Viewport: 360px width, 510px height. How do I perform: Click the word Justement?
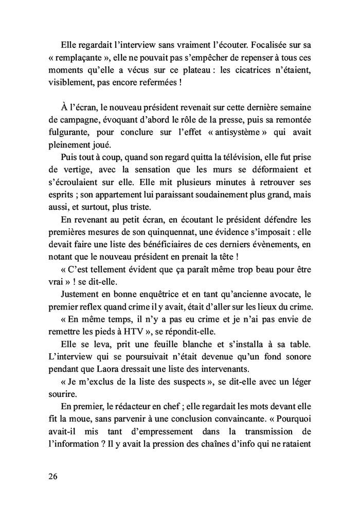coord(82,294)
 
